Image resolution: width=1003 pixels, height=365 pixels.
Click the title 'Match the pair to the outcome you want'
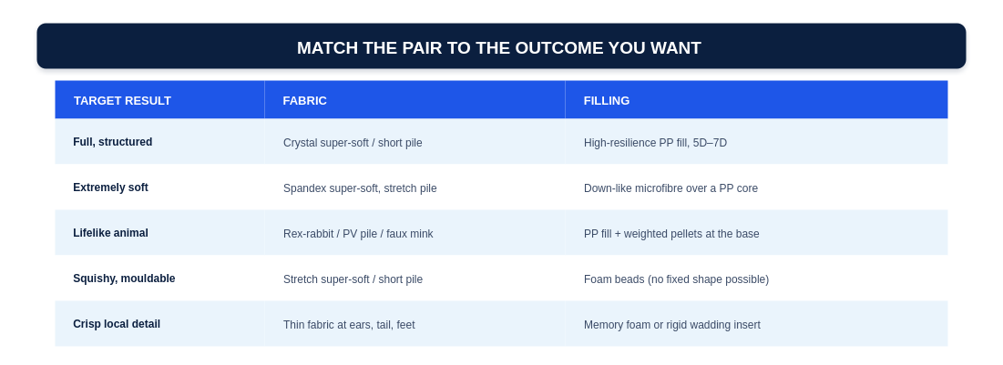pos(499,48)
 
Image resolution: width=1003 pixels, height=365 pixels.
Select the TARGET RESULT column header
pos(122,100)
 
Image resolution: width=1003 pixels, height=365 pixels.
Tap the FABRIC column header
pos(304,100)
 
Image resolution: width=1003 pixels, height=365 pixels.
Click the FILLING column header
pos(607,100)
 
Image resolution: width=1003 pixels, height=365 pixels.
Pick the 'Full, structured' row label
pos(113,142)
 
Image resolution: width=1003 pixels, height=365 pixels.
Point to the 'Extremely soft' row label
pos(110,188)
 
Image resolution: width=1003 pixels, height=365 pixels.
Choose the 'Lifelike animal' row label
pos(110,233)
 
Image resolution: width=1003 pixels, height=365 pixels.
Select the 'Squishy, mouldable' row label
pos(124,279)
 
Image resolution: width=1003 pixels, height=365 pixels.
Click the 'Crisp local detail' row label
pos(117,324)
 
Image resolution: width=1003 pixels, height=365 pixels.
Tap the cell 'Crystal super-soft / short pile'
pos(353,143)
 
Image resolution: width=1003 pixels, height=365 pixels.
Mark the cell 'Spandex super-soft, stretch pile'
pos(360,188)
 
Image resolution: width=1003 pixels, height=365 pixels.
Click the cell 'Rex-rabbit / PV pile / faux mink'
pos(358,234)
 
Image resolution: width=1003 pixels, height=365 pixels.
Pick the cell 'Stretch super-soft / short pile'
pos(353,279)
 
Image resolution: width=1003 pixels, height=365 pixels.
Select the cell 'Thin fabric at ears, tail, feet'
pos(349,325)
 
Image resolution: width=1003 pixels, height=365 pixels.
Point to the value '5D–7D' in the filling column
pos(710,143)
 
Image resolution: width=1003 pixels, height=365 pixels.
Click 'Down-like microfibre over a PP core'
pos(671,188)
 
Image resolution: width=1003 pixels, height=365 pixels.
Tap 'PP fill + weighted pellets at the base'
pos(671,234)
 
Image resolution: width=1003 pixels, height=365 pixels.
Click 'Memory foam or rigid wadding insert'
pos(672,325)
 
